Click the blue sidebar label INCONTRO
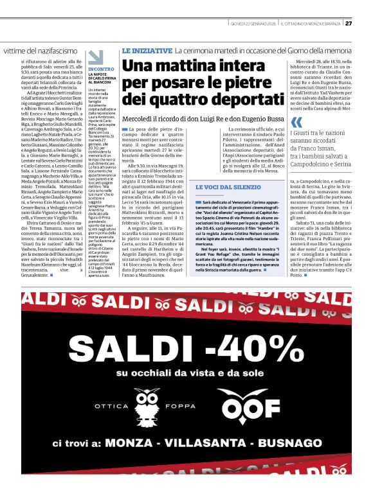click(x=101, y=68)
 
